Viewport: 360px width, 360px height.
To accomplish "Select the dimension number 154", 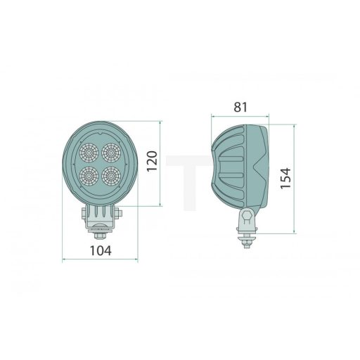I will pyautogui.click(x=283, y=179).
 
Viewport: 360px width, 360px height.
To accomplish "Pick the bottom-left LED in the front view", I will pyautogui.click(x=89, y=174).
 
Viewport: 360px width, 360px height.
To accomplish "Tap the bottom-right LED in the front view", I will pyautogui.click(x=110, y=174).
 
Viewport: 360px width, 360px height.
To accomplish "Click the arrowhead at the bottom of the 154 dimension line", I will pyautogui.click(x=295, y=231).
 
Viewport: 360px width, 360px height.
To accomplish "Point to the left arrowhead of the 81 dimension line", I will pyautogui.click(x=212, y=117).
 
